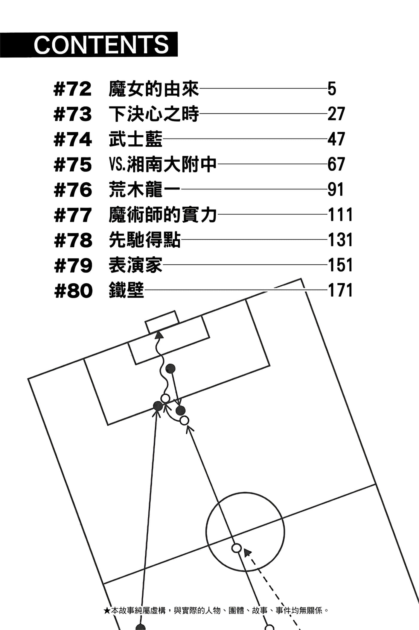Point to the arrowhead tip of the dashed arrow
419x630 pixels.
pos(244,549)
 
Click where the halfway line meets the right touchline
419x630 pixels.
pos(375,484)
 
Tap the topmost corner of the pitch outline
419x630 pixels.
pos(301,279)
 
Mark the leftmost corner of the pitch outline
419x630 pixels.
pos(28,379)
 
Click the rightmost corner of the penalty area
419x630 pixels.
pos(270,365)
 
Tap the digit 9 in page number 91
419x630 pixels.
pos(332,190)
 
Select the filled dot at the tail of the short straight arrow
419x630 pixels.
pos(170,369)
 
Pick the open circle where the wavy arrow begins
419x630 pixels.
pos(165,399)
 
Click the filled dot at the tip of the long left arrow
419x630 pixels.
pos(158,406)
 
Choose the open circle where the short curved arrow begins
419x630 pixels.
pos(184,420)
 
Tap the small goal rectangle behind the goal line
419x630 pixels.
pos(162,322)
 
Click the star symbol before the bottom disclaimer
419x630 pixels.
pos(107,611)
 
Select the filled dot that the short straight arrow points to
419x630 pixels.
pos(181,411)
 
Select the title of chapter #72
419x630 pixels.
pos(154,89)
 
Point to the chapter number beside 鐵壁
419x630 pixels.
pos(74,291)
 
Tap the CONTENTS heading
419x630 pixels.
pos(101,44)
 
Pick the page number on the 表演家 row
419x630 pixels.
pos(340,265)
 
